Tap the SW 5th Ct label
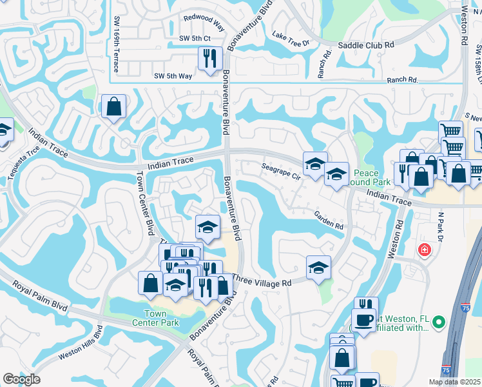pyautogui.click(x=195, y=39)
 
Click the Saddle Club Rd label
pyautogui.click(x=366, y=46)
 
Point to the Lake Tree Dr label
pyautogui.click(x=291, y=38)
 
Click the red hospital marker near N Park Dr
pyautogui.click(x=424, y=250)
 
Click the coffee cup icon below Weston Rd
pyautogui.click(x=363, y=319)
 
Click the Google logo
pyautogui.click(x=21, y=379)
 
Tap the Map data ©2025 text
pyautogui.click(x=457, y=382)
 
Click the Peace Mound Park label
pyautogui.click(x=366, y=178)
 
